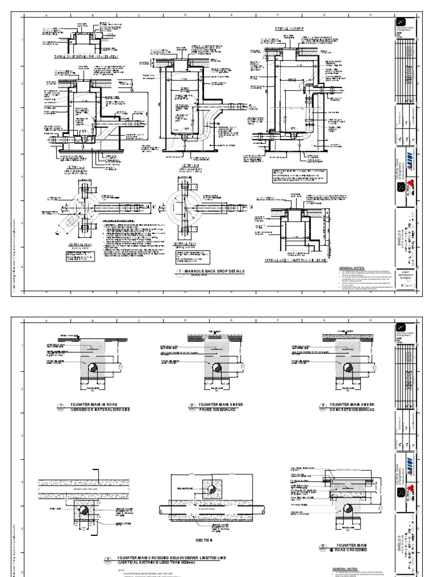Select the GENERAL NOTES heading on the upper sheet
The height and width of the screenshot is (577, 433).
352,268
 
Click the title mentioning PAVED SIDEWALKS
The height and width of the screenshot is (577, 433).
216,407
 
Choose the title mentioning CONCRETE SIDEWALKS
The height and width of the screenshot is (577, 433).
335,407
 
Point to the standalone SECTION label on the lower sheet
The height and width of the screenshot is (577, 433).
204,539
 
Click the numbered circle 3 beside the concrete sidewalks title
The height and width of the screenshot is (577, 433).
293,407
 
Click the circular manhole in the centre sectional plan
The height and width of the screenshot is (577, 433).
186,208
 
